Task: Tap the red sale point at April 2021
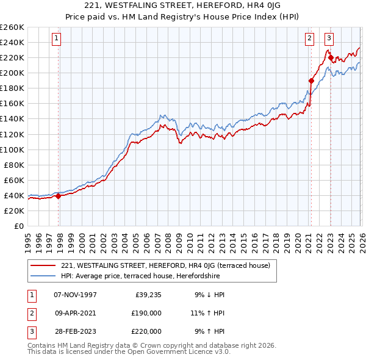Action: [x=311, y=80]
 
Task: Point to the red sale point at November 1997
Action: [x=59, y=196]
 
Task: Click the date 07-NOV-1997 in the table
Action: [x=75, y=295]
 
